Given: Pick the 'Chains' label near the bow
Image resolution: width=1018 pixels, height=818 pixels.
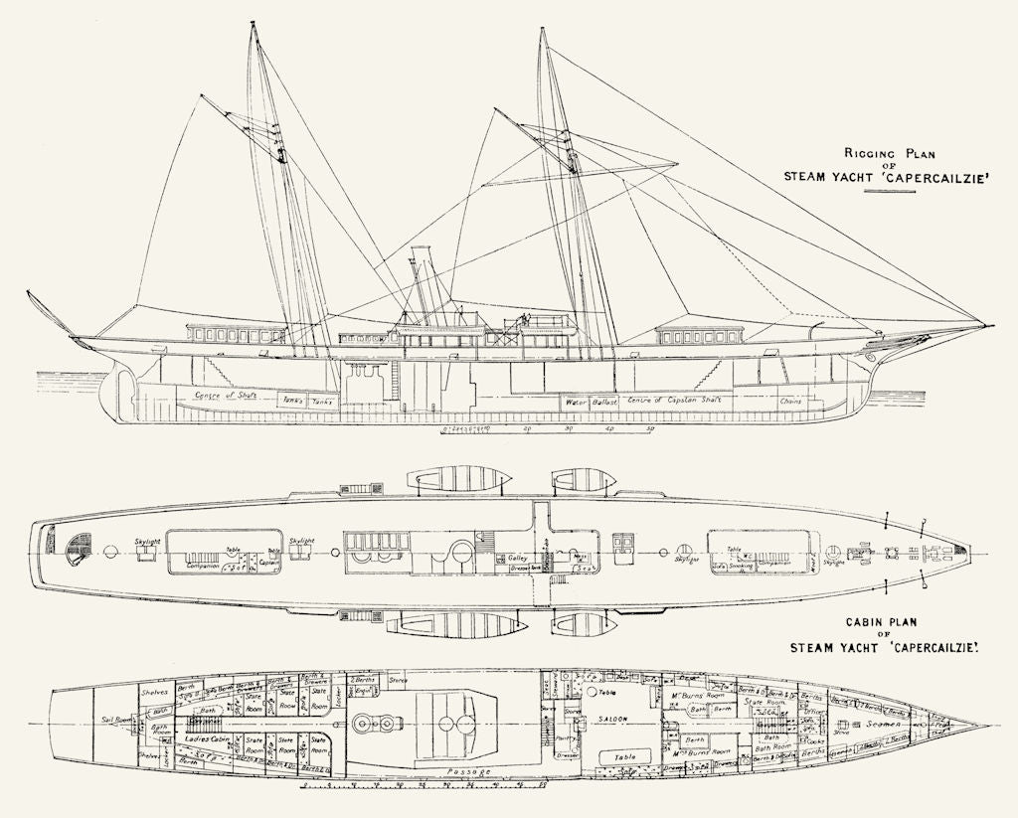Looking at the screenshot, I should (x=791, y=402).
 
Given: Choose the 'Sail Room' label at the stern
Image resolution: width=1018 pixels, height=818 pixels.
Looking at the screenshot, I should (x=117, y=720).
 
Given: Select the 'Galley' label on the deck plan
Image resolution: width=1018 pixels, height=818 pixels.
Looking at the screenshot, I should (x=518, y=559).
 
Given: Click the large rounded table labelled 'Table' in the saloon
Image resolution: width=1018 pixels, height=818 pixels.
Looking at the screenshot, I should (x=626, y=756).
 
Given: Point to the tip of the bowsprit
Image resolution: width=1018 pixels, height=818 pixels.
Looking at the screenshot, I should (x=992, y=324).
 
